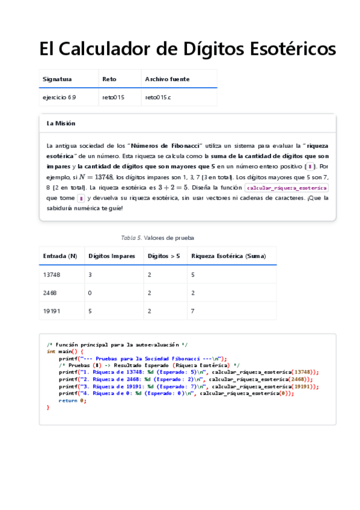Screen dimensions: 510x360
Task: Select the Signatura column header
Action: tap(57, 79)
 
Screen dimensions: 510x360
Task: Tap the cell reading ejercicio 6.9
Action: tap(59, 96)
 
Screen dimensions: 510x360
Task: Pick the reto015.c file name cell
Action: tap(158, 96)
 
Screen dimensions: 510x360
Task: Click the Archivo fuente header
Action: tap(167, 79)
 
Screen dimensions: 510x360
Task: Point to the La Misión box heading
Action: tap(61, 123)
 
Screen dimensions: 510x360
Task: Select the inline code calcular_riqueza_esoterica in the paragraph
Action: tap(287, 188)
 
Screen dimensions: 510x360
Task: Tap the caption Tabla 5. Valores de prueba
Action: tap(157, 238)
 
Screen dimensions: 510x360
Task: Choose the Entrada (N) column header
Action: tap(60, 256)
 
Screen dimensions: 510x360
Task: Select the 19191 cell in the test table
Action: tap(52, 311)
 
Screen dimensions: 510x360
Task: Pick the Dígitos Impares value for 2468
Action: tap(91, 292)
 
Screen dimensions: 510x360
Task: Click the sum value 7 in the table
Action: tap(193, 311)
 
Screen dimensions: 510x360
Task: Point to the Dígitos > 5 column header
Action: tap(163, 256)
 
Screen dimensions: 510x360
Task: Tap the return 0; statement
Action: tap(72, 401)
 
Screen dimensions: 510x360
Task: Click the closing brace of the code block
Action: tap(48, 407)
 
